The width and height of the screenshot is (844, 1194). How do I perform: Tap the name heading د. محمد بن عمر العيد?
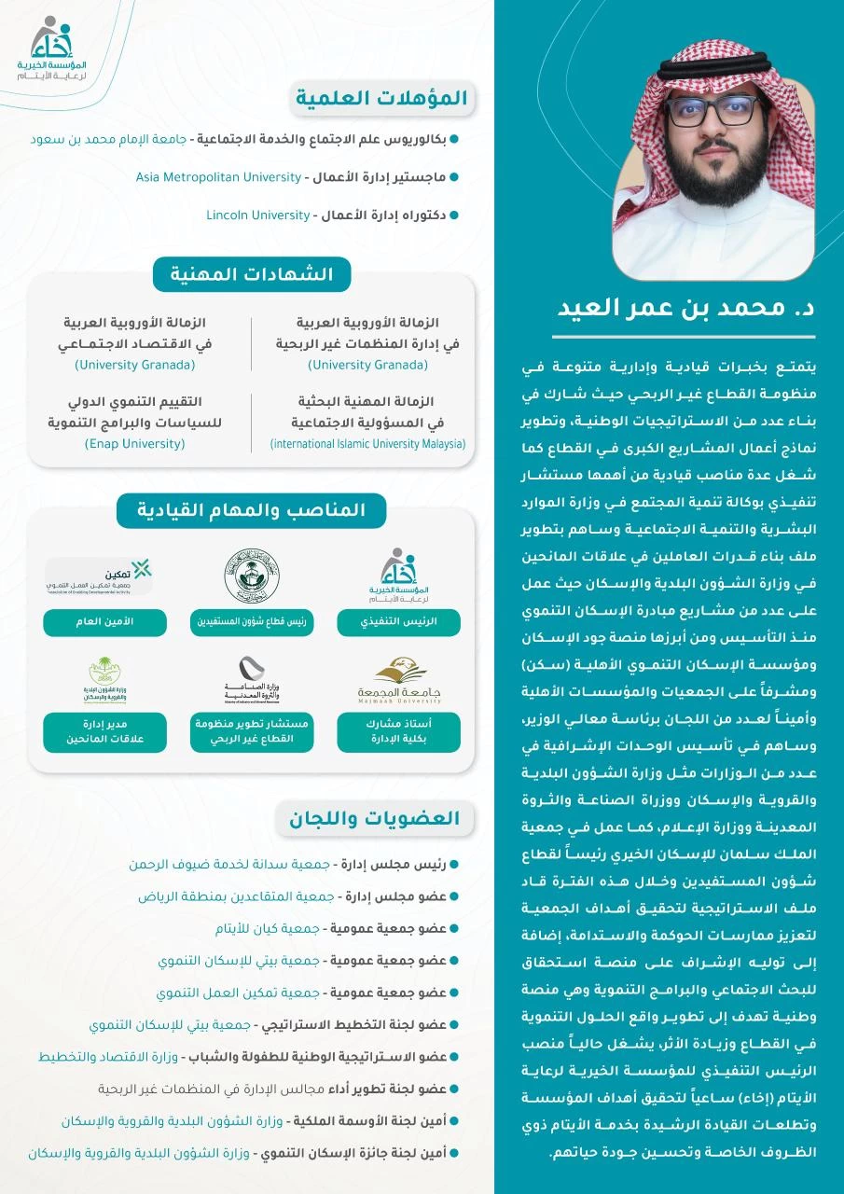(686, 308)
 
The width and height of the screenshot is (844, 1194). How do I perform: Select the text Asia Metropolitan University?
(218, 176)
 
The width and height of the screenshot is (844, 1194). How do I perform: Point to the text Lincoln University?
(258, 215)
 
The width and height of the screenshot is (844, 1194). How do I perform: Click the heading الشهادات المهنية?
(251, 274)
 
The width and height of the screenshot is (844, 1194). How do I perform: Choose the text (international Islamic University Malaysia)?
(367, 444)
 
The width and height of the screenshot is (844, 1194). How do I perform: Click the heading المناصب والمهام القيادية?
(251, 510)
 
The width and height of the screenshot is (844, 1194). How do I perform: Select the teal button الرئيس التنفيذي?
(399, 622)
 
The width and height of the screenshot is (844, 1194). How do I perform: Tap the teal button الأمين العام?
(104, 622)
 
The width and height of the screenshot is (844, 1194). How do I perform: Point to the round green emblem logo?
(252, 575)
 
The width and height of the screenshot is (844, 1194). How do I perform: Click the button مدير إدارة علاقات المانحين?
(104, 732)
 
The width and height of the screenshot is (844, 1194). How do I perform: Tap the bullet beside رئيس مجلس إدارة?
(454, 865)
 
